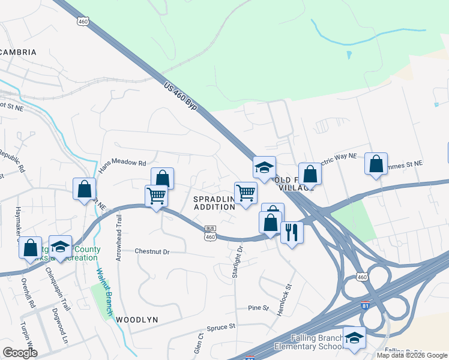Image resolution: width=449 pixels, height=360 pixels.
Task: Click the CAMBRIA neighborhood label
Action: [x=17, y=52]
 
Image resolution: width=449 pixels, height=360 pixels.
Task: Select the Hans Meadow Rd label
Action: [x=122, y=163]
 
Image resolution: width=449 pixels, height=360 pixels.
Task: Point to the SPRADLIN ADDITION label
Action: [x=214, y=202]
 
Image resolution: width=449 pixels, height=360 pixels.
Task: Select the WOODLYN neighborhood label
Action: [x=137, y=320]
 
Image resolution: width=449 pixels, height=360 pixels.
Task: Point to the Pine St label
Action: [x=259, y=308]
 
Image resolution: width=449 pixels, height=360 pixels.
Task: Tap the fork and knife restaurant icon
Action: [x=292, y=232]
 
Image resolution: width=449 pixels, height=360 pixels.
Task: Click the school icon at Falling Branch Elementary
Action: [x=354, y=337]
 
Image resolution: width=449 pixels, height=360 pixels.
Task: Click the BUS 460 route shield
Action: [x=209, y=233]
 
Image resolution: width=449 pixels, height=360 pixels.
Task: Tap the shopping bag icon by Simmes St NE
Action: [x=376, y=163]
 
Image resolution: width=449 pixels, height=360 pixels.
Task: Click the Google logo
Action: [x=20, y=353]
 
